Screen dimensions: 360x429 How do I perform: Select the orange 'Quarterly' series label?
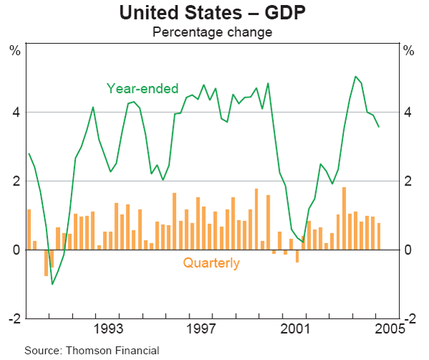[x=211, y=263]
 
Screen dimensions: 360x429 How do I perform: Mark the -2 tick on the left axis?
[x=13, y=318]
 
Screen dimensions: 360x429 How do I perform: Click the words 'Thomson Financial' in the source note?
[x=112, y=350]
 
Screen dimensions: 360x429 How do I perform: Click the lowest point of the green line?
[x=52, y=284]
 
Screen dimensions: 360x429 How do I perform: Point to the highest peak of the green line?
[x=355, y=77]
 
